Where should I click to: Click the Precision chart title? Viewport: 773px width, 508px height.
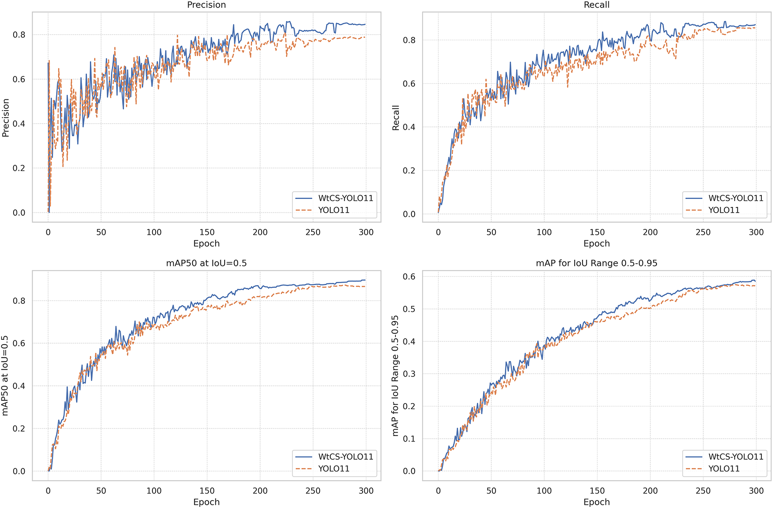click(206, 5)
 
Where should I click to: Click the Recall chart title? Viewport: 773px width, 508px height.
click(597, 5)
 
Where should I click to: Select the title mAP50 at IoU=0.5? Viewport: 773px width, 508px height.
click(206, 263)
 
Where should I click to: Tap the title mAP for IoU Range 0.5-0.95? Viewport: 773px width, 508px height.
click(597, 263)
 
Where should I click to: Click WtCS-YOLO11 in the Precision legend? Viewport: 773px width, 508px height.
click(346, 198)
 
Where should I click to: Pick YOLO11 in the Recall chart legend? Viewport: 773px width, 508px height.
click(724, 210)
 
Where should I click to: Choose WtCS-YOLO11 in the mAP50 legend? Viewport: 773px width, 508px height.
click(346, 456)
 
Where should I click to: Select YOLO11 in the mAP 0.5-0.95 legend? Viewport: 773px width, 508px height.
click(724, 469)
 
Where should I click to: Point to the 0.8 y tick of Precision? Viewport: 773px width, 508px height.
click(19, 35)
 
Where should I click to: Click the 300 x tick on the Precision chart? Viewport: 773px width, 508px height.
click(366, 232)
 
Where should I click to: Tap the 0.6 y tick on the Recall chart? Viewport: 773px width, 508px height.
click(409, 84)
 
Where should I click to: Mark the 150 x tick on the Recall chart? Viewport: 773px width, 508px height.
click(597, 232)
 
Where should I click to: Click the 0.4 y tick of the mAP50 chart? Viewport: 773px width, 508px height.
click(19, 386)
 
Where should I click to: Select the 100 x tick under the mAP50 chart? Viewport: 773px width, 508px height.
click(154, 491)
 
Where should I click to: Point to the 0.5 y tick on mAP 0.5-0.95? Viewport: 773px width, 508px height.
click(409, 309)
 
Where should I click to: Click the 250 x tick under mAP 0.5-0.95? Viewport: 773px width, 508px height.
click(703, 491)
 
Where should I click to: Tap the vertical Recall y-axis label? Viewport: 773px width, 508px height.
click(396, 118)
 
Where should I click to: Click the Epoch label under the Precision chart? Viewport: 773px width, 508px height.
click(206, 243)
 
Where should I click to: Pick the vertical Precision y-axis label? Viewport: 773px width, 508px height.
click(6, 118)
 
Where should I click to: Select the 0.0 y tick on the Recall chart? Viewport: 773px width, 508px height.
click(409, 214)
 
